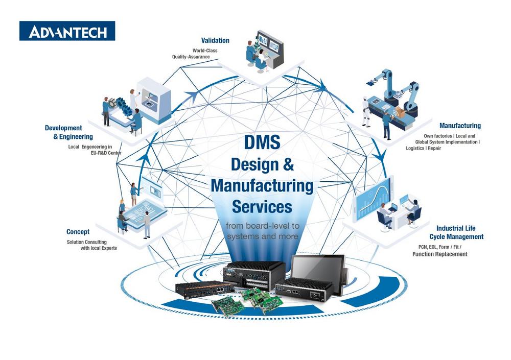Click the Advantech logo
(x=67, y=31)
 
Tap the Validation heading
(x=215, y=40)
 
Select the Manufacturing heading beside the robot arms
(x=460, y=126)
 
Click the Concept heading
(x=78, y=232)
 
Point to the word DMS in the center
(x=262, y=142)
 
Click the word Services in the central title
(x=262, y=206)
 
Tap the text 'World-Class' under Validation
(x=205, y=51)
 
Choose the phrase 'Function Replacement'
(x=440, y=254)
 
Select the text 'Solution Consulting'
(x=87, y=242)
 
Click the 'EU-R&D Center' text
(x=106, y=153)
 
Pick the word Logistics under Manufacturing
(x=414, y=148)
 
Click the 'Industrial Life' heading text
(x=456, y=228)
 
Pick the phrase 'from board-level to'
(x=262, y=226)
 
